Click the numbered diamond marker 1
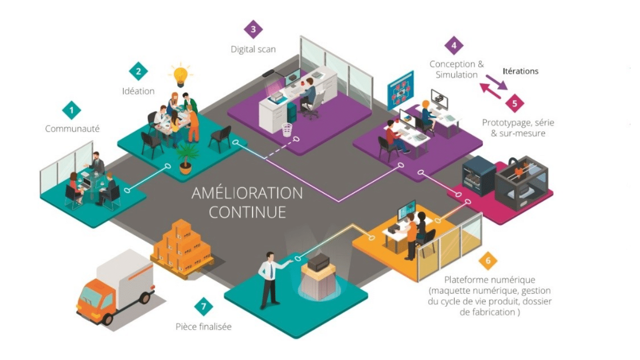click(x=72, y=111)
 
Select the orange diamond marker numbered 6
click(x=488, y=260)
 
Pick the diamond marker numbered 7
click(x=204, y=307)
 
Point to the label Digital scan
click(x=253, y=49)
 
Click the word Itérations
click(x=520, y=71)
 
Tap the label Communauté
click(x=72, y=129)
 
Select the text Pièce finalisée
click(x=203, y=326)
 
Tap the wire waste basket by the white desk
click(x=287, y=129)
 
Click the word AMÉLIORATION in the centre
click(x=247, y=194)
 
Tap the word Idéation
click(x=138, y=91)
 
